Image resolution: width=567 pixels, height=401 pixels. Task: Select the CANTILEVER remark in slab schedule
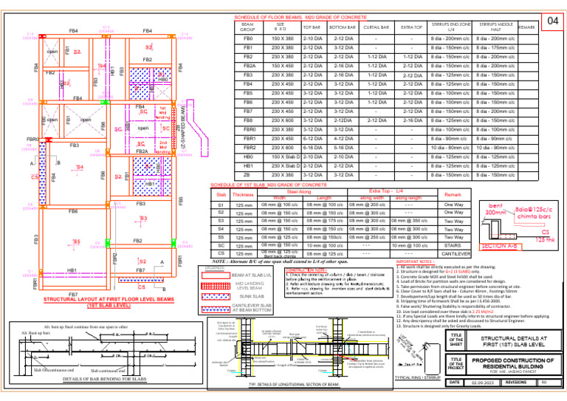(x=453, y=254)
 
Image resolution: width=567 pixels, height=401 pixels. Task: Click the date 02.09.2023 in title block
(x=489, y=382)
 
